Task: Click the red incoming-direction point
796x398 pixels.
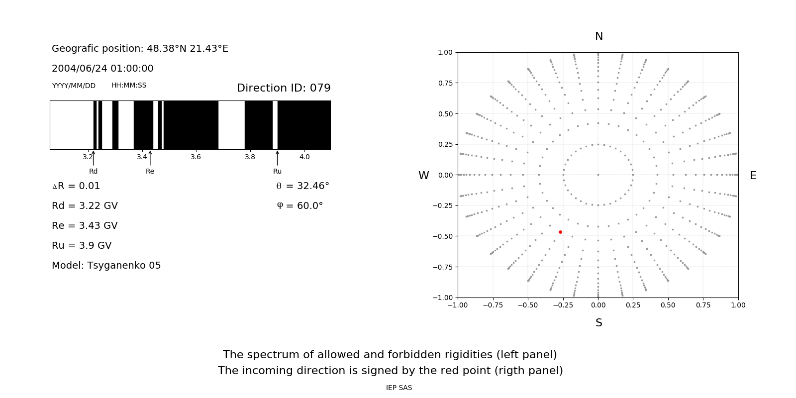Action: click(560, 232)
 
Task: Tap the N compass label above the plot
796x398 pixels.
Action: click(598, 36)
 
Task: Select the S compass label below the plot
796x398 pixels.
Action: click(598, 323)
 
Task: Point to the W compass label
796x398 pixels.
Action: click(423, 176)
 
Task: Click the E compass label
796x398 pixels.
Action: click(753, 176)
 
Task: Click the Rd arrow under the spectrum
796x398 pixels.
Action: click(94, 158)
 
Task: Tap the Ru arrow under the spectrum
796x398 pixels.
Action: click(277, 158)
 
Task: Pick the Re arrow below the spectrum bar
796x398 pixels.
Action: click(150, 158)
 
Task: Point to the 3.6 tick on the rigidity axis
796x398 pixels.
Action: click(196, 157)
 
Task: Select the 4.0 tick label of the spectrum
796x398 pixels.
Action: click(304, 157)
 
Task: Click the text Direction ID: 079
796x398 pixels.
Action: click(284, 88)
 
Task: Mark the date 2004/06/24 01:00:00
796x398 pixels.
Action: click(102, 69)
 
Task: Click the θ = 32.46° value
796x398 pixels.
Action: click(302, 186)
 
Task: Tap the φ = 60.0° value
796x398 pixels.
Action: click(300, 206)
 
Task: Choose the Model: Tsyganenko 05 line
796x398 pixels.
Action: click(106, 266)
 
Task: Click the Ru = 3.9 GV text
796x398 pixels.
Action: click(82, 246)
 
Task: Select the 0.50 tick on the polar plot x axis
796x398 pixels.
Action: click(668, 305)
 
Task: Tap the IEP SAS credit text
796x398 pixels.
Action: click(399, 388)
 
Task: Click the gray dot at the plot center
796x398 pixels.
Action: click(598, 175)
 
